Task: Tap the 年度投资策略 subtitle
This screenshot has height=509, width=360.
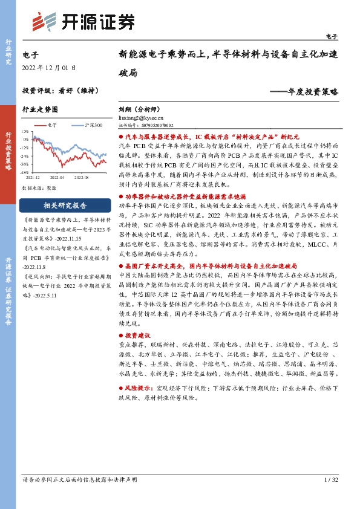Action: point(304,92)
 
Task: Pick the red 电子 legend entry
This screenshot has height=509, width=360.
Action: point(48,125)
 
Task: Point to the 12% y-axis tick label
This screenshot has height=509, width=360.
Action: point(25,131)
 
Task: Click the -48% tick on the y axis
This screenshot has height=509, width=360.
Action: point(24,172)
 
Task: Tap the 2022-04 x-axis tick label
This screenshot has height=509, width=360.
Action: point(57,178)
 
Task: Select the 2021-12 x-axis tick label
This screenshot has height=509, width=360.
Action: point(33,178)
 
